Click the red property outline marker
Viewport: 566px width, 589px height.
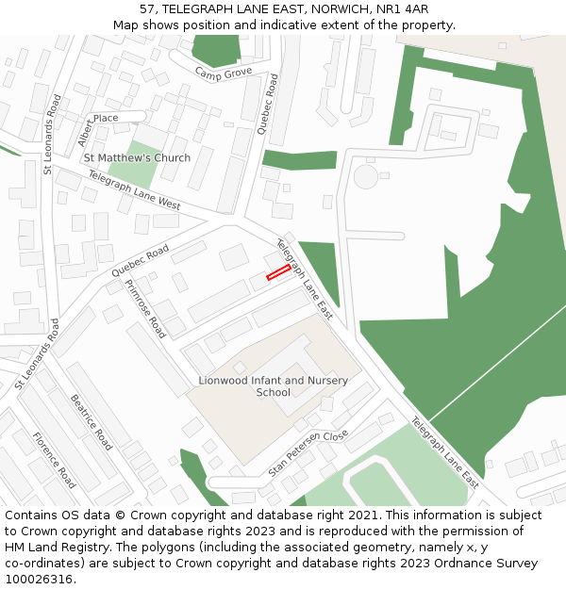point(278,272)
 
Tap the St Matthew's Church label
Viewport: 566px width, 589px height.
point(137,157)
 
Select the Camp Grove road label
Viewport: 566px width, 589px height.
point(223,73)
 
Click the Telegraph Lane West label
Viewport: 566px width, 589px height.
point(134,189)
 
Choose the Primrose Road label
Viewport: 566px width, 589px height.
point(145,307)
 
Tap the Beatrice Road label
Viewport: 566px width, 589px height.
point(92,420)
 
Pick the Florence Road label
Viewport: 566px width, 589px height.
point(54,459)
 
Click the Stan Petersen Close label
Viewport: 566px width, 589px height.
point(308,452)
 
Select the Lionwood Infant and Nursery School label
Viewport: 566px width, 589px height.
point(273,386)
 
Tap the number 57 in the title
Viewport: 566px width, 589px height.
point(147,9)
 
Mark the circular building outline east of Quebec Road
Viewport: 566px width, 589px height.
point(365,176)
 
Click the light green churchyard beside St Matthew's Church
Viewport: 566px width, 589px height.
point(129,174)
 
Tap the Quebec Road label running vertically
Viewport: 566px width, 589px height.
point(268,104)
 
